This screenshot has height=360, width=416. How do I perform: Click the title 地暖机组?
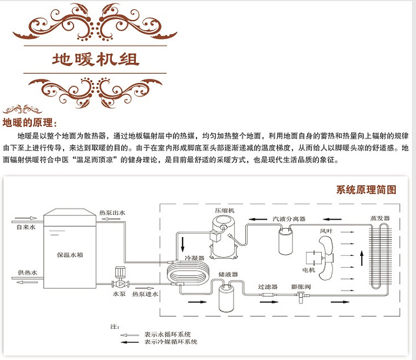(96, 60)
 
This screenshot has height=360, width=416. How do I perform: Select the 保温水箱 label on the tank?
(69, 255)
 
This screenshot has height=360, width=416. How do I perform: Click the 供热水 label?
(27, 272)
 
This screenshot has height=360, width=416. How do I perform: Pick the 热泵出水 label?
(112, 212)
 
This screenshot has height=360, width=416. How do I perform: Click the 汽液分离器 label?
(289, 219)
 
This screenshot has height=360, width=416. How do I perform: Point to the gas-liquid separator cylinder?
(287, 238)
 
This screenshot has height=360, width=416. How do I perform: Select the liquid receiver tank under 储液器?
(227, 297)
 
